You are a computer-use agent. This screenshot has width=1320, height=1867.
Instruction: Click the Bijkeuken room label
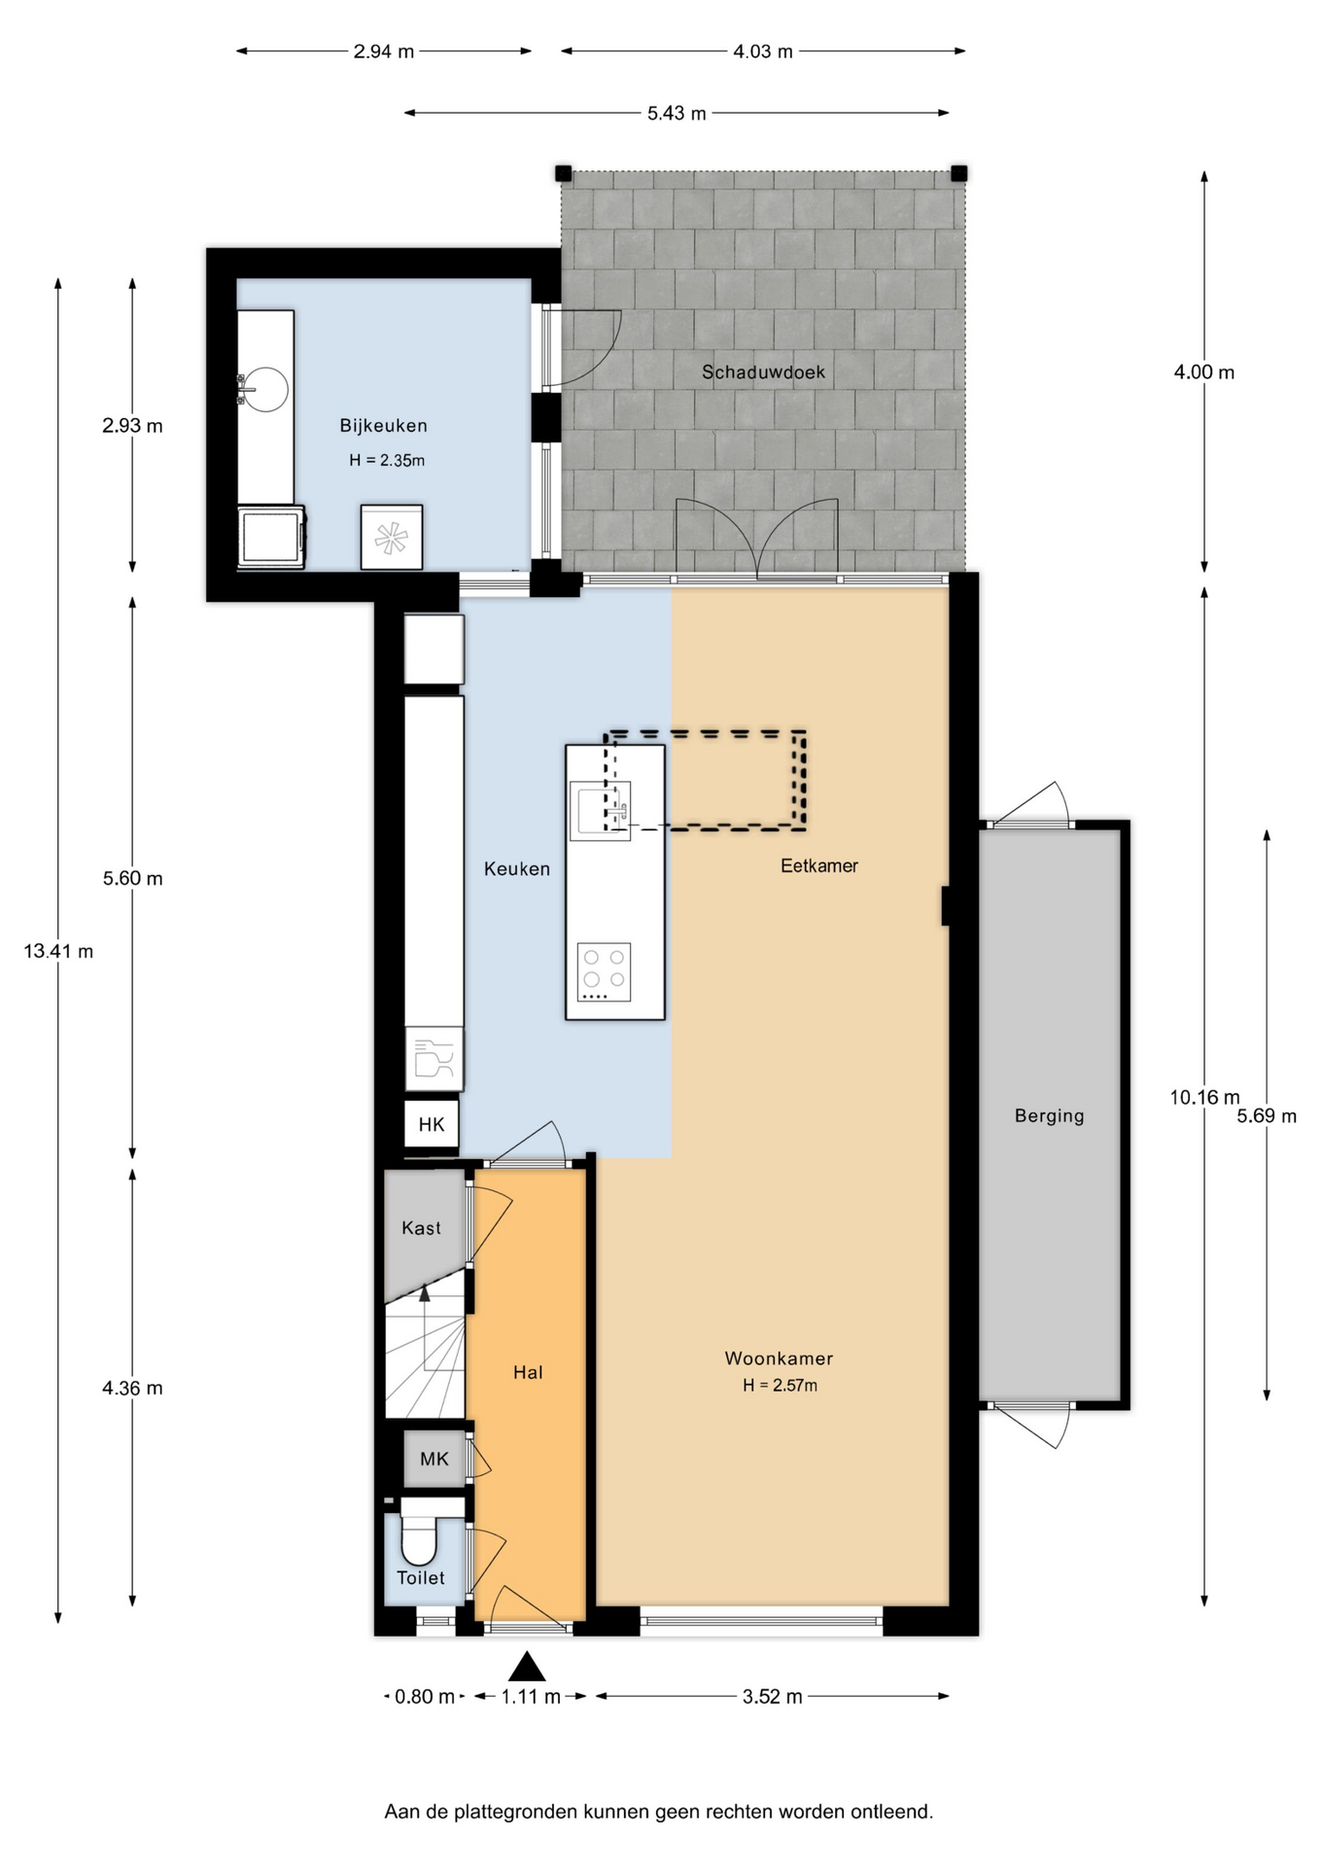pyautogui.click(x=383, y=426)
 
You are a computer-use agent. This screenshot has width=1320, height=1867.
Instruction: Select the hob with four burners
pyautogui.click(x=604, y=971)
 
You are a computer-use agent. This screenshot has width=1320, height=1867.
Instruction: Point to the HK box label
pyautogui.click(x=432, y=1125)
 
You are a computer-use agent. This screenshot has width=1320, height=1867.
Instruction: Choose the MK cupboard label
pyautogui.click(x=434, y=1459)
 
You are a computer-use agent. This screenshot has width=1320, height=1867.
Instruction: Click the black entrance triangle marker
pyautogui.click(x=528, y=1667)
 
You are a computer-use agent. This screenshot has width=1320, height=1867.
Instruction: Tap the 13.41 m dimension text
pyautogui.click(x=58, y=951)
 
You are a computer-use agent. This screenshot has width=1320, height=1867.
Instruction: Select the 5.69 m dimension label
pyautogui.click(x=1267, y=1116)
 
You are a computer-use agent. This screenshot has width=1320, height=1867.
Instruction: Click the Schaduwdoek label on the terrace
pyautogui.click(x=763, y=371)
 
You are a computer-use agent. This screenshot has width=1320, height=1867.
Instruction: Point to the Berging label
pyautogui.click(x=1049, y=1115)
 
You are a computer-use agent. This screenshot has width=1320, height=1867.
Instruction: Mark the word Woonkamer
pyautogui.click(x=779, y=1358)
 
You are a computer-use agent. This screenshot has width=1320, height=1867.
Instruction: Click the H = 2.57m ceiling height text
pyautogui.click(x=780, y=1386)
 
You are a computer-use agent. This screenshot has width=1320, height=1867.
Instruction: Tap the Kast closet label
pyautogui.click(x=421, y=1228)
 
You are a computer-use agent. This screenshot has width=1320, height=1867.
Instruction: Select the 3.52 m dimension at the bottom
pyautogui.click(x=773, y=1697)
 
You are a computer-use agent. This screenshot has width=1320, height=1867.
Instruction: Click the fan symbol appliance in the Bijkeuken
pyautogui.click(x=392, y=537)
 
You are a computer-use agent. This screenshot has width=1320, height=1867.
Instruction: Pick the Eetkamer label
pyautogui.click(x=819, y=865)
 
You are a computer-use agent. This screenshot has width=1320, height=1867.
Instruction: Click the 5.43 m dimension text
pyautogui.click(x=677, y=113)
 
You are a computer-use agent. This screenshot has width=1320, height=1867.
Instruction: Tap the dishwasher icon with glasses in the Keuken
pyautogui.click(x=434, y=1058)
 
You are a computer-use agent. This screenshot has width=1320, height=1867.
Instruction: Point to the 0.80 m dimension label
pyautogui.click(x=425, y=1697)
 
